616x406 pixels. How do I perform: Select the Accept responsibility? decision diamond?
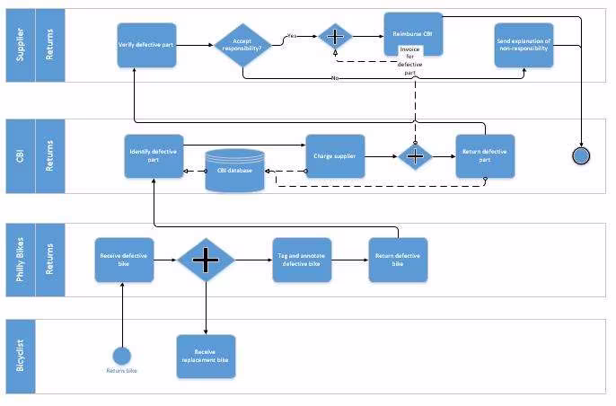(x=242, y=45)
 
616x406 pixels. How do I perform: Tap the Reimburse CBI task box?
(x=413, y=34)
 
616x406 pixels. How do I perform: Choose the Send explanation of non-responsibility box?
(x=524, y=45)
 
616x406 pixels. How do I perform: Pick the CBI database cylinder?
(x=235, y=170)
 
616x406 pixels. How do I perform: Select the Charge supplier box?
(x=334, y=156)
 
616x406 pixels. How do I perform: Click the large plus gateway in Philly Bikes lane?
(x=207, y=260)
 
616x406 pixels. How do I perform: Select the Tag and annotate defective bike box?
(x=302, y=260)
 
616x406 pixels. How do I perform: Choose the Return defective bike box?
(x=398, y=260)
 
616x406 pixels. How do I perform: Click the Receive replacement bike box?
(x=206, y=356)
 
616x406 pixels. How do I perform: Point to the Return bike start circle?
(x=122, y=355)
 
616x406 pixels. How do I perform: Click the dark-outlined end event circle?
(x=581, y=155)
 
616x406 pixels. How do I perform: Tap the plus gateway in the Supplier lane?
(x=336, y=37)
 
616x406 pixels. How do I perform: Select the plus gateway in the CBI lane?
(x=416, y=155)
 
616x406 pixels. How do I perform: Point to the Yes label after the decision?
(x=292, y=36)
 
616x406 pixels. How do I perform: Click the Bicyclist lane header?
(x=21, y=356)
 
